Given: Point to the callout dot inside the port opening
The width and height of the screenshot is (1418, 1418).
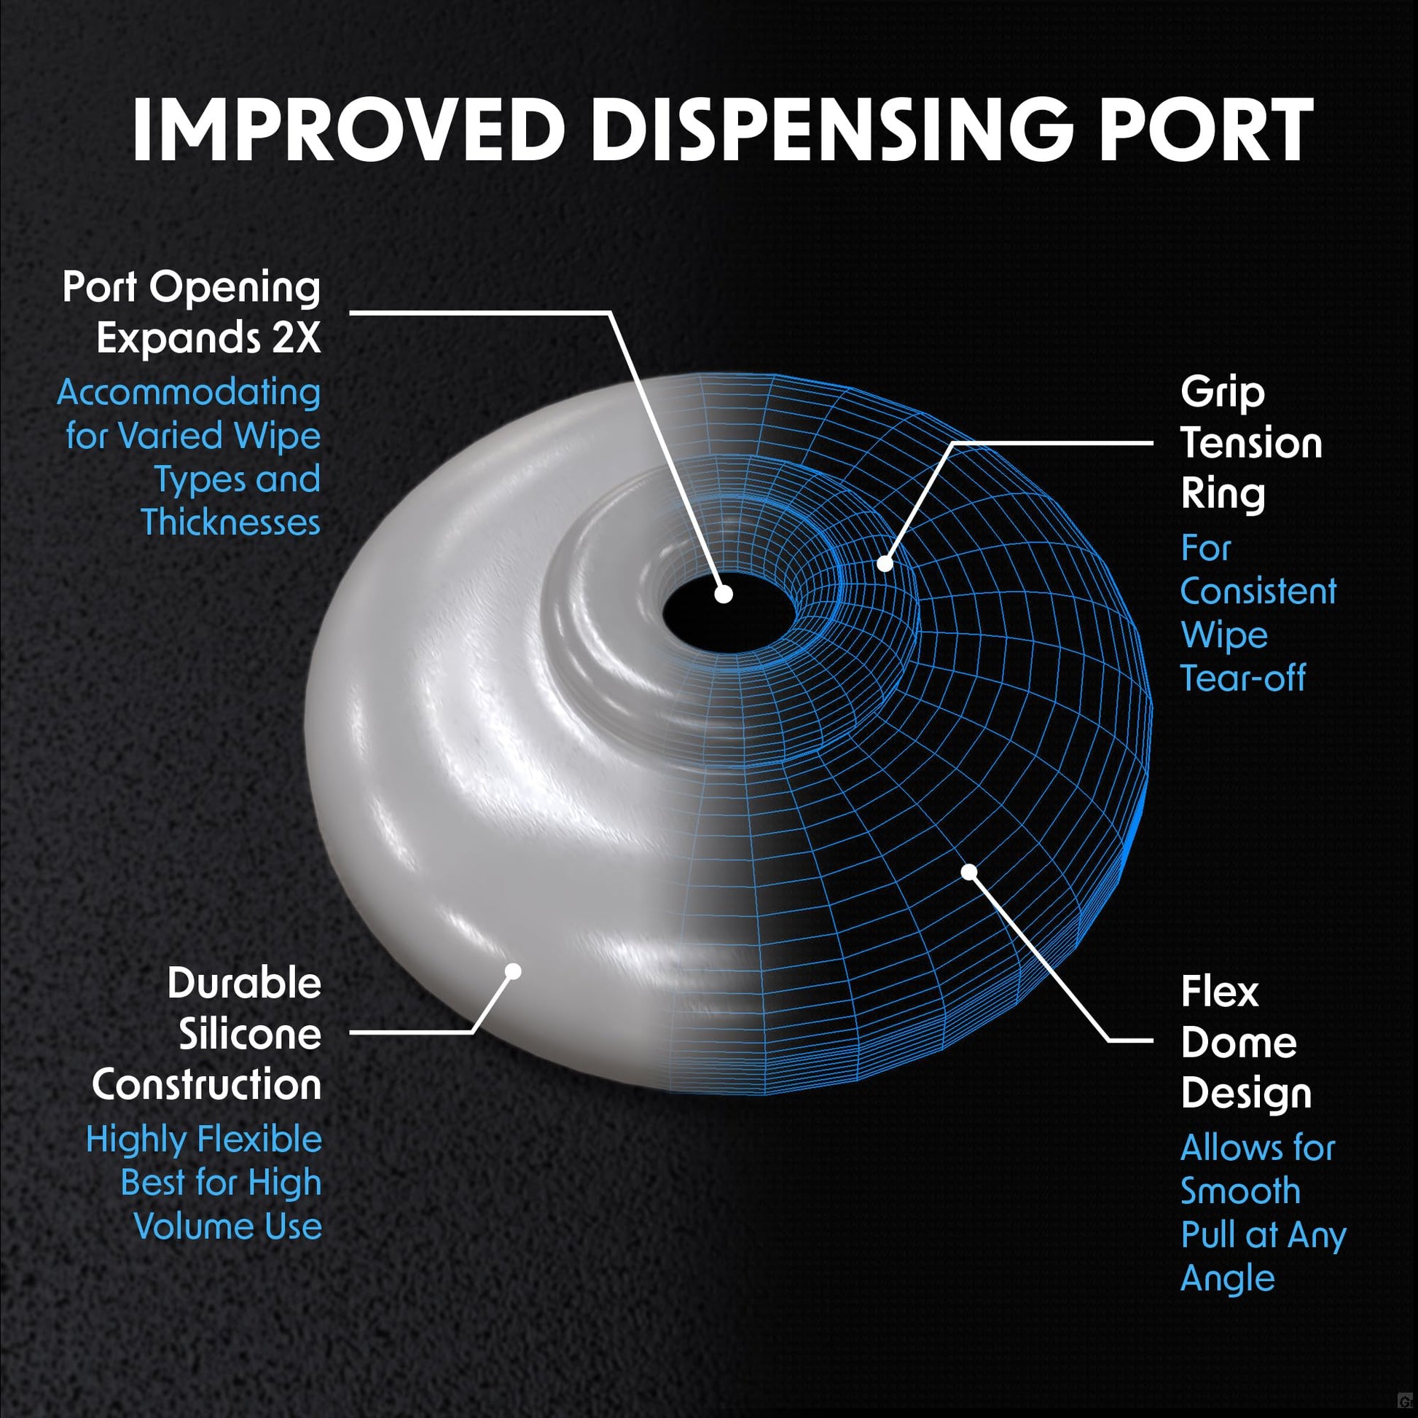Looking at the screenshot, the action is (x=724, y=594).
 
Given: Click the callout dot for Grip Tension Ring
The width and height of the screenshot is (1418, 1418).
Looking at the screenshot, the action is (x=885, y=563).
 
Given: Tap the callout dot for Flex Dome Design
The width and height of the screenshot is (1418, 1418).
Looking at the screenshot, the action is (x=970, y=871).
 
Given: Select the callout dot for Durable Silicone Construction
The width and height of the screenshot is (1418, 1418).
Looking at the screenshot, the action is (x=513, y=971).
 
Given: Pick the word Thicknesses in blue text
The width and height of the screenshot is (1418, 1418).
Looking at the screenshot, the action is (x=231, y=522).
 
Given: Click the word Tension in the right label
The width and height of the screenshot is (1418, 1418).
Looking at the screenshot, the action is (x=1251, y=443).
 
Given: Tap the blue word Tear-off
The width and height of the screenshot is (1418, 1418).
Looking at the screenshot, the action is (x=1243, y=678).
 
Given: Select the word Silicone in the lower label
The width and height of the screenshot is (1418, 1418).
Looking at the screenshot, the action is (x=250, y=1035).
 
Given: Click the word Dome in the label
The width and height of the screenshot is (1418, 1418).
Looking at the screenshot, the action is (x=1239, y=1042).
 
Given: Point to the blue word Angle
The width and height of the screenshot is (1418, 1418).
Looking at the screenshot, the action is (x=1227, y=1282).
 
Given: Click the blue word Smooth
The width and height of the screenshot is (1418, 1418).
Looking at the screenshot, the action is (x=1240, y=1191).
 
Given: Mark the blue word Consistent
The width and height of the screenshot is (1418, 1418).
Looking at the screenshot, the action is (x=1258, y=591).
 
